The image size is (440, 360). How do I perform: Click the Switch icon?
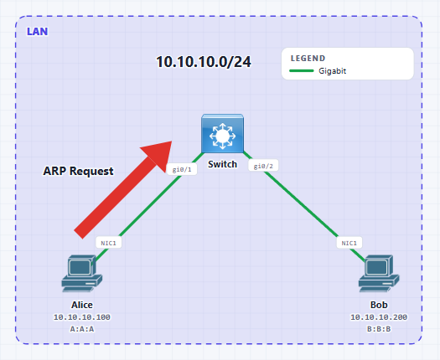tap(223, 133)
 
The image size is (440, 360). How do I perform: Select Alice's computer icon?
tap(82, 274)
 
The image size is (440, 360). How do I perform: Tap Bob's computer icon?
tap(379, 274)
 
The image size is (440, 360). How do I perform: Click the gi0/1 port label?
tap(182, 169)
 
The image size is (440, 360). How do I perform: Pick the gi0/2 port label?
tap(263, 166)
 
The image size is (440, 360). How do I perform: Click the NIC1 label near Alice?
tap(109, 243)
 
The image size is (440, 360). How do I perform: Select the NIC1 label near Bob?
tap(349, 243)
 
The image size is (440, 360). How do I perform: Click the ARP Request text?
tap(78, 171)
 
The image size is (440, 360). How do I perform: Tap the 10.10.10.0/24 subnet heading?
tap(204, 62)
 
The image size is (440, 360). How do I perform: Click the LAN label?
tap(38, 32)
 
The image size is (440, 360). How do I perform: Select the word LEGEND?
tap(308, 59)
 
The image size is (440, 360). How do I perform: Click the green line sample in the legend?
tap(302, 70)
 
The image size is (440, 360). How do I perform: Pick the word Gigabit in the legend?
tap(333, 71)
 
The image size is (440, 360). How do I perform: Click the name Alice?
tap(82, 305)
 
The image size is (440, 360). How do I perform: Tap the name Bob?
tap(379, 305)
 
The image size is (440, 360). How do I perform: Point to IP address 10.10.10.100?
tap(82, 317)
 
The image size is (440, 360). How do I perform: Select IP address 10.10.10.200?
tap(379, 317)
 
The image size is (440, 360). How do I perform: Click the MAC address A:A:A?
tap(82, 329)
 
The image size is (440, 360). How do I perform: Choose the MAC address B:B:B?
tap(379, 329)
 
